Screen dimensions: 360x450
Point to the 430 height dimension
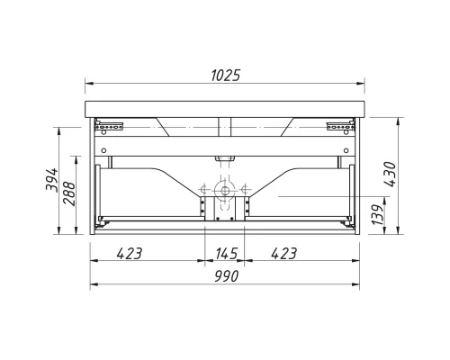click(x=389, y=173)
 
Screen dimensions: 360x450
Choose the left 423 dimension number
click(x=130, y=255)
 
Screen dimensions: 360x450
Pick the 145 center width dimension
click(x=224, y=255)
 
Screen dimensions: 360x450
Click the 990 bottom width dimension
click(x=225, y=277)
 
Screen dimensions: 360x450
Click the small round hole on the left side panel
click(x=103, y=149)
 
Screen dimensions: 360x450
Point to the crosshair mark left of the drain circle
click(x=205, y=190)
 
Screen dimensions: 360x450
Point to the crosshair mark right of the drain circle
click(x=242, y=190)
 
